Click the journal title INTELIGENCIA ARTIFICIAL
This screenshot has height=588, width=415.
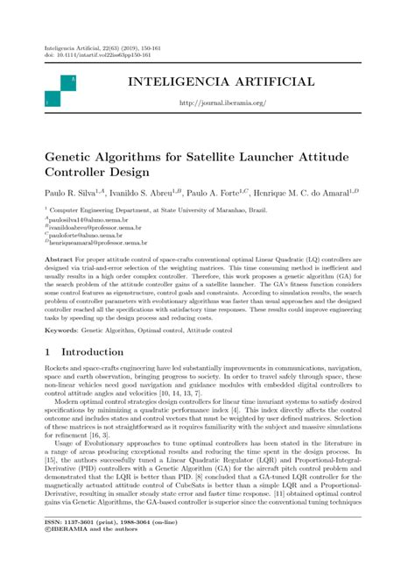pyautogui.click(x=221, y=82)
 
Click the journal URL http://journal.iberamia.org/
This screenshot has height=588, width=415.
pyautogui.click(x=222, y=103)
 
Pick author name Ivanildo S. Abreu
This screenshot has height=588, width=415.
pyautogui.click(x=143, y=191)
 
